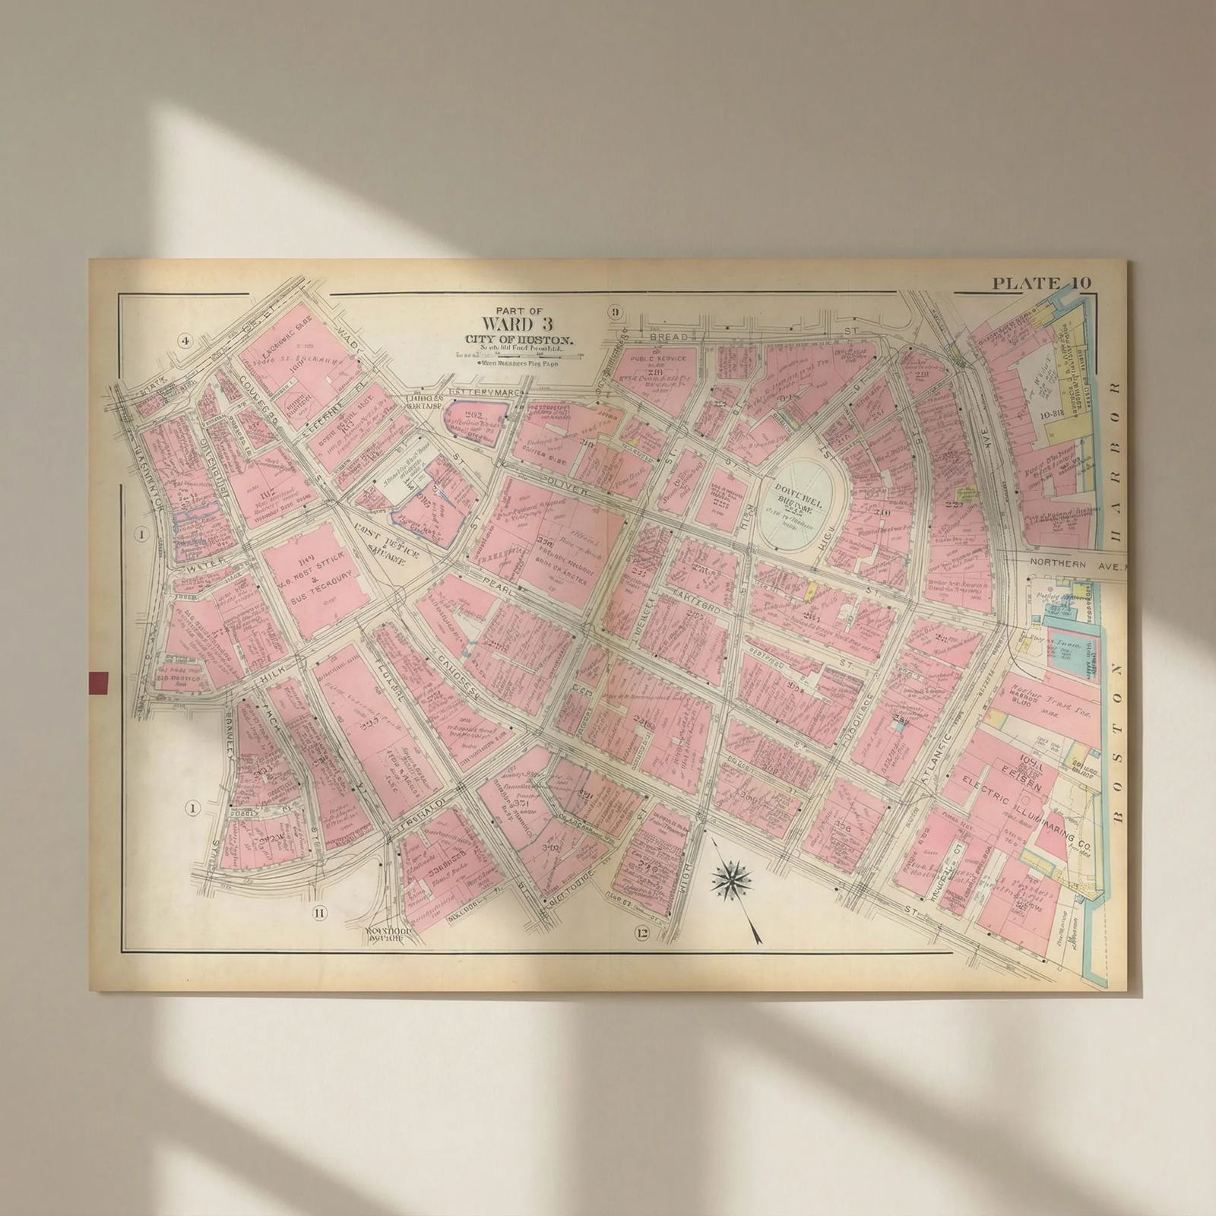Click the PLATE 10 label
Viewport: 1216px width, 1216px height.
[x=1041, y=283]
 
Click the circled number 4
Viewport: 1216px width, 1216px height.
[x=185, y=340]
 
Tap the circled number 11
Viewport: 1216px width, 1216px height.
[x=318, y=914]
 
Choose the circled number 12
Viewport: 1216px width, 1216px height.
[x=641, y=933]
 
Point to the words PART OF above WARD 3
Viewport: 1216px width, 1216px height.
[x=520, y=310]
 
